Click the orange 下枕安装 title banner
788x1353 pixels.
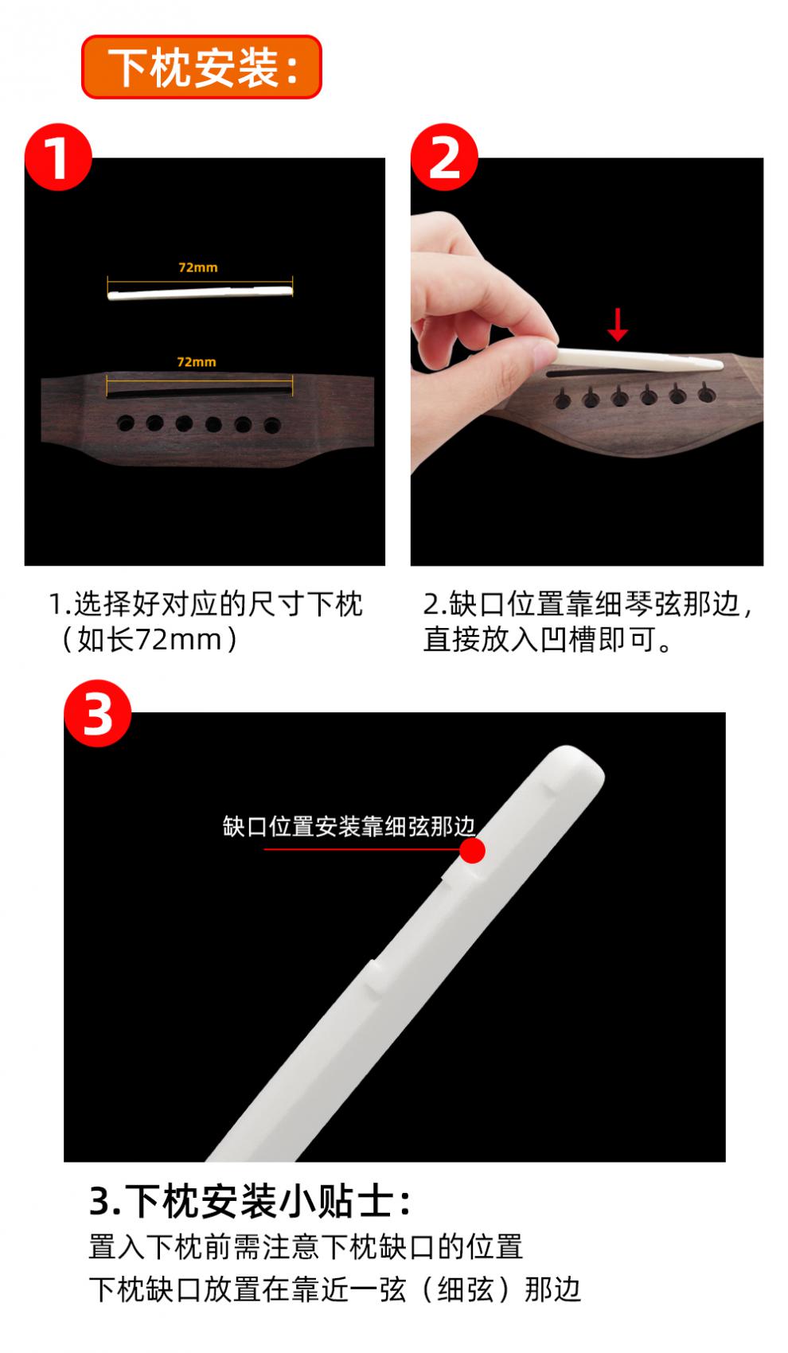201,67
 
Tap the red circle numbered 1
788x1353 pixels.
58,158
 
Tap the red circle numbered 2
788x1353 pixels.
444,158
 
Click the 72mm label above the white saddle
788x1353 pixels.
197,267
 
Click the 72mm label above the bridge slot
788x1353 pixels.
196,361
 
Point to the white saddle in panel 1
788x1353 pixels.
199,292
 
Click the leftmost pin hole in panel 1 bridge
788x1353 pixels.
126,423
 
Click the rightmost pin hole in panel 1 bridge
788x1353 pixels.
272,425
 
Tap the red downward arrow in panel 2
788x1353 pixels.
617,324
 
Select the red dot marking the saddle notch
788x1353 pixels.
472,850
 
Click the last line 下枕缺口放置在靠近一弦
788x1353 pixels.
334,1289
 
